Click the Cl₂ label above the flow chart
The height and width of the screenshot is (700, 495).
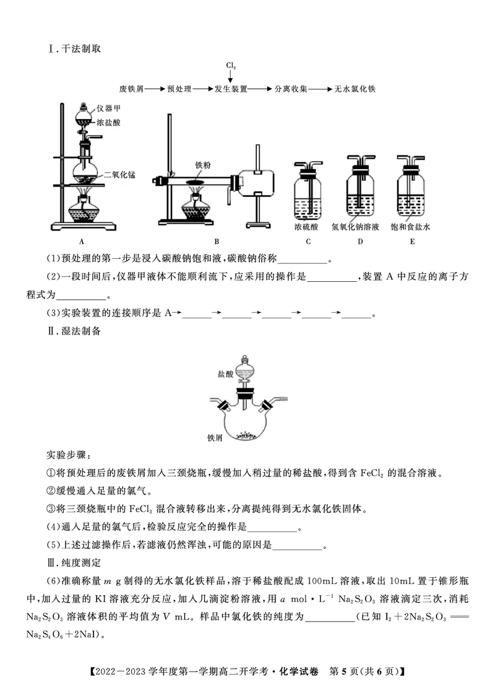click(x=231, y=65)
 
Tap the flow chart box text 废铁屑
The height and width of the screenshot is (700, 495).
click(x=131, y=89)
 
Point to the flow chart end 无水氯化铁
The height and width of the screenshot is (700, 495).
click(x=355, y=89)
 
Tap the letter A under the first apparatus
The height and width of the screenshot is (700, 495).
click(x=81, y=242)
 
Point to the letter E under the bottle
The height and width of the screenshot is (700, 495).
click(x=411, y=242)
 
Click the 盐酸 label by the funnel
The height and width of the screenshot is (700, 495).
click(x=225, y=374)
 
